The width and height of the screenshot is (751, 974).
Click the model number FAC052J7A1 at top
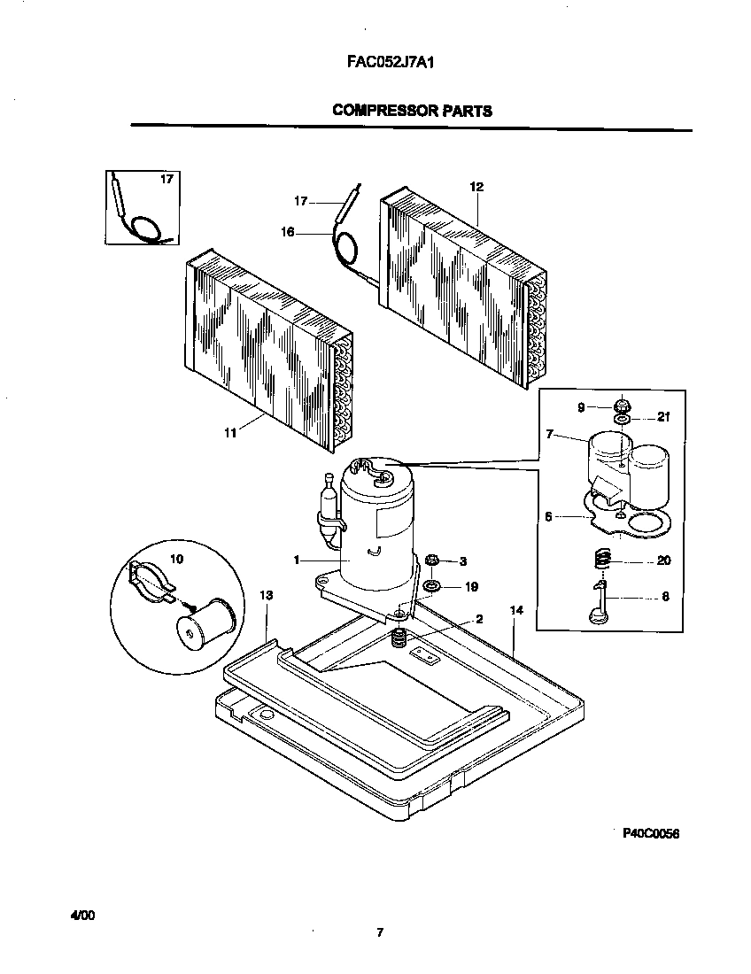[389, 63]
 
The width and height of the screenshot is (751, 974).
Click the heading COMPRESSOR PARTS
[412, 111]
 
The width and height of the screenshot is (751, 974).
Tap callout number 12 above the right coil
[476, 187]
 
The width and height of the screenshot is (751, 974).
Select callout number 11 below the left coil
[230, 433]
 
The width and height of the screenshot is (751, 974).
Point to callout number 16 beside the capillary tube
[287, 232]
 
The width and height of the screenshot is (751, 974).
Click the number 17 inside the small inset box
[166, 180]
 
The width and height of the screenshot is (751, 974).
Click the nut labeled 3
[433, 561]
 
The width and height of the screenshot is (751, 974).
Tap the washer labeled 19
[433, 586]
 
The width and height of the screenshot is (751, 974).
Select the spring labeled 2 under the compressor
[399, 636]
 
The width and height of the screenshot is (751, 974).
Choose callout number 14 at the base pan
[516, 611]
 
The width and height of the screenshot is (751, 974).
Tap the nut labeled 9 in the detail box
[622, 406]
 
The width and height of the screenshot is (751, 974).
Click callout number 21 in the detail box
[664, 417]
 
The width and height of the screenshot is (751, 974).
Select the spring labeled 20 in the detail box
[601, 560]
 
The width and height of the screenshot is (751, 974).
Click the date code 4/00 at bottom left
[82, 913]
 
